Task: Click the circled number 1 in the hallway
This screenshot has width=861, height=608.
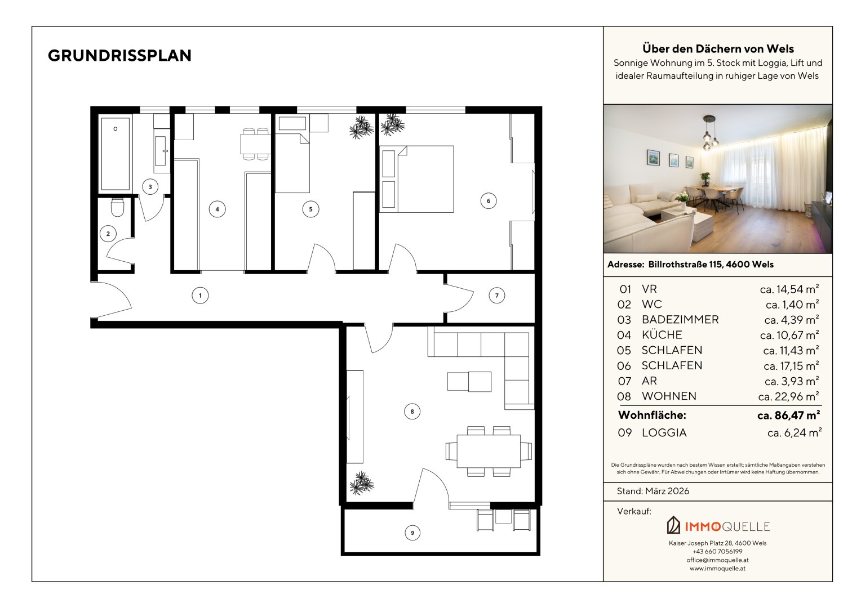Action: point(200,296)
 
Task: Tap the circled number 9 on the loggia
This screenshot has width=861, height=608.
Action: point(412,533)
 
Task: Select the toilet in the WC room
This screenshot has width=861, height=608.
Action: point(117,207)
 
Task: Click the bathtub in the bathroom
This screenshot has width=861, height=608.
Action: point(116,154)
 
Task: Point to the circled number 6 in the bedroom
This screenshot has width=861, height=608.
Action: point(488,200)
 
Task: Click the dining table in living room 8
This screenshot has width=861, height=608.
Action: point(489,451)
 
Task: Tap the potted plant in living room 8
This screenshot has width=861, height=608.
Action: point(361,483)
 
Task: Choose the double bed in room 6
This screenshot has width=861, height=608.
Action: point(416,179)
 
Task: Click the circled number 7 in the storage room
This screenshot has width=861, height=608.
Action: point(496,296)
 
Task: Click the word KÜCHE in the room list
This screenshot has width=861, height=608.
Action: point(662,334)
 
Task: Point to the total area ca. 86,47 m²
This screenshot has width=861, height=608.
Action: point(788,415)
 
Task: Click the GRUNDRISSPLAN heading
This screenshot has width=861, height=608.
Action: point(119,56)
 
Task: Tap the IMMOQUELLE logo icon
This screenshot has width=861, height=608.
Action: point(673,525)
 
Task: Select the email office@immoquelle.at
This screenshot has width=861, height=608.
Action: point(718,560)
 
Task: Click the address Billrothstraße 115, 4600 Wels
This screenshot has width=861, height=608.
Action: point(711,264)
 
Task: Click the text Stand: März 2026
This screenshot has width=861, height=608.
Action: point(653,491)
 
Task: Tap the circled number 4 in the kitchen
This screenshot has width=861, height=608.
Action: point(217,209)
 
